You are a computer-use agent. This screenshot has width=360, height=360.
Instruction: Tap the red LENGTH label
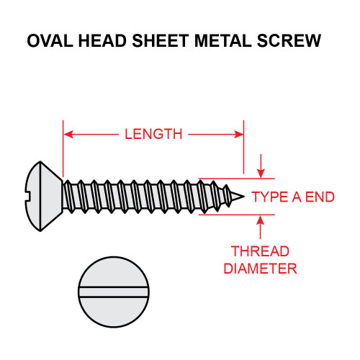pos(153,134)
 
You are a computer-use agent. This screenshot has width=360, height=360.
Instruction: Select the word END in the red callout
pos(320,197)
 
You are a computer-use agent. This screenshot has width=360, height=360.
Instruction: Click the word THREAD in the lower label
pos(260,252)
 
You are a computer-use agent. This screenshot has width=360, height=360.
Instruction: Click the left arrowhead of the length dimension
pos(68,133)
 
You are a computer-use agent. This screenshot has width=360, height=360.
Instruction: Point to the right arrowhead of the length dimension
pos(239,133)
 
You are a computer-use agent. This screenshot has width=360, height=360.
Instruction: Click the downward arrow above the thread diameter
pos(260,170)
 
